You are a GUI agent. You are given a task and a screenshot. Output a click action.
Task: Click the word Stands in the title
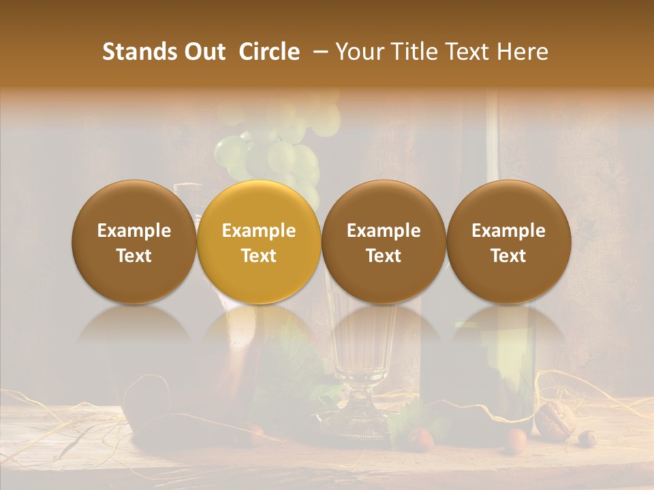pos(139,52)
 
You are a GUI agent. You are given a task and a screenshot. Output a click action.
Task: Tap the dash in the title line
pos(322,52)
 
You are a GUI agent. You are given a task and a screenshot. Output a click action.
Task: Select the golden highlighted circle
pos(259,242)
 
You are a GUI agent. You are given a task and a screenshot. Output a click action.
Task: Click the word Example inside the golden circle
pos(259,231)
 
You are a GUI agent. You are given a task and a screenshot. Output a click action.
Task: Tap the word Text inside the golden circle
pos(259,256)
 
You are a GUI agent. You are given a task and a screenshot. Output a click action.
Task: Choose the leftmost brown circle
pos(134,242)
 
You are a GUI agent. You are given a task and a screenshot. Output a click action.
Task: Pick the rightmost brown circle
pos(508,242)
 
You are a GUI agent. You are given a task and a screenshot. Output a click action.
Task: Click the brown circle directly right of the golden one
pos(384,242)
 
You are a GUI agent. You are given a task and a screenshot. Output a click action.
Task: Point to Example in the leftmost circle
pos(134,231)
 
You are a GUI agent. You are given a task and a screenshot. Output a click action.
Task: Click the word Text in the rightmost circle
pos(508,256)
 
